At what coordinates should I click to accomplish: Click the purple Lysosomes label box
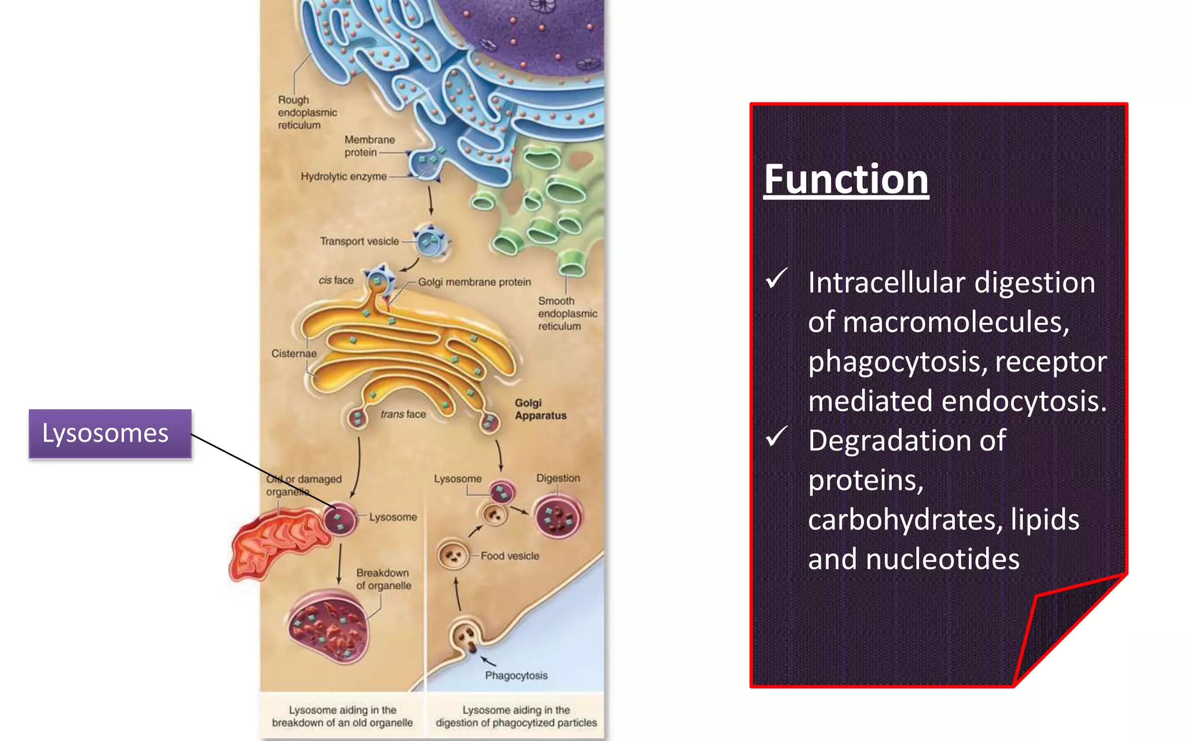(x=110, y=434)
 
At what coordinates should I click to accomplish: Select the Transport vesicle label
(x=359, y=241)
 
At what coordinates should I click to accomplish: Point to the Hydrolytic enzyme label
(x=343, y=177)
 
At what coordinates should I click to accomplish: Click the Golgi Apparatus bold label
(x=540, y=409)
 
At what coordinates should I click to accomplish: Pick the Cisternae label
(x=294, y=354)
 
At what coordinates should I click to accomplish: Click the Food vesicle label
(x=510, y=556)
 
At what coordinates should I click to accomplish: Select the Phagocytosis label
(x=516, y=676)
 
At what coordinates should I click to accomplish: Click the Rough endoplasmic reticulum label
(x=307, y=112)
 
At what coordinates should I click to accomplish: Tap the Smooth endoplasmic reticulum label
(x=566, y=314)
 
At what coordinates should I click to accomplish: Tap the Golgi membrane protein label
(x=474, y=283)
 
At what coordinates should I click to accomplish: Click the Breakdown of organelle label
(x=383, y=579)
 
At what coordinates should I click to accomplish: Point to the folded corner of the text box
(x=1060, y=625)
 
